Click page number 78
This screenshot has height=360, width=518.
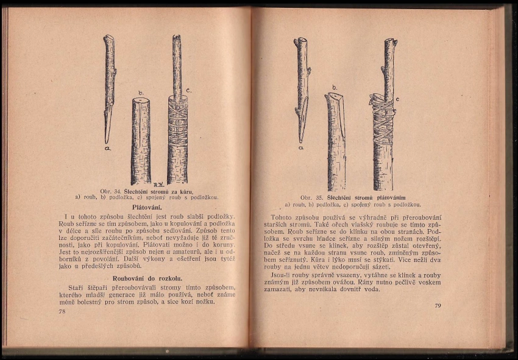(x=62, y=311)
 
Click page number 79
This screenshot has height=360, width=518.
(x=438, y=305)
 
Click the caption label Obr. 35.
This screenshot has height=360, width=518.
(x=312, y=197)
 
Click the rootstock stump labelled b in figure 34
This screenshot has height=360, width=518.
(x=141, y=140)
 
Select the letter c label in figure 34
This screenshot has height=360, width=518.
(x=189, y=90)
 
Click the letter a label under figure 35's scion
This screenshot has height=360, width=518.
(x=301, y=147)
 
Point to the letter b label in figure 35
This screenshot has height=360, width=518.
(x=334, y=87)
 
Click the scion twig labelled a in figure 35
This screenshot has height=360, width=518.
(x=302, y=85)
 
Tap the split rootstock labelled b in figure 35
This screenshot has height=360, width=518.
(x=336, y=143)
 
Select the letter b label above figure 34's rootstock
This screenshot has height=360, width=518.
(x=141, y=93)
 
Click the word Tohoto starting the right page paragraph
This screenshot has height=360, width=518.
(x=282, y=217)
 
